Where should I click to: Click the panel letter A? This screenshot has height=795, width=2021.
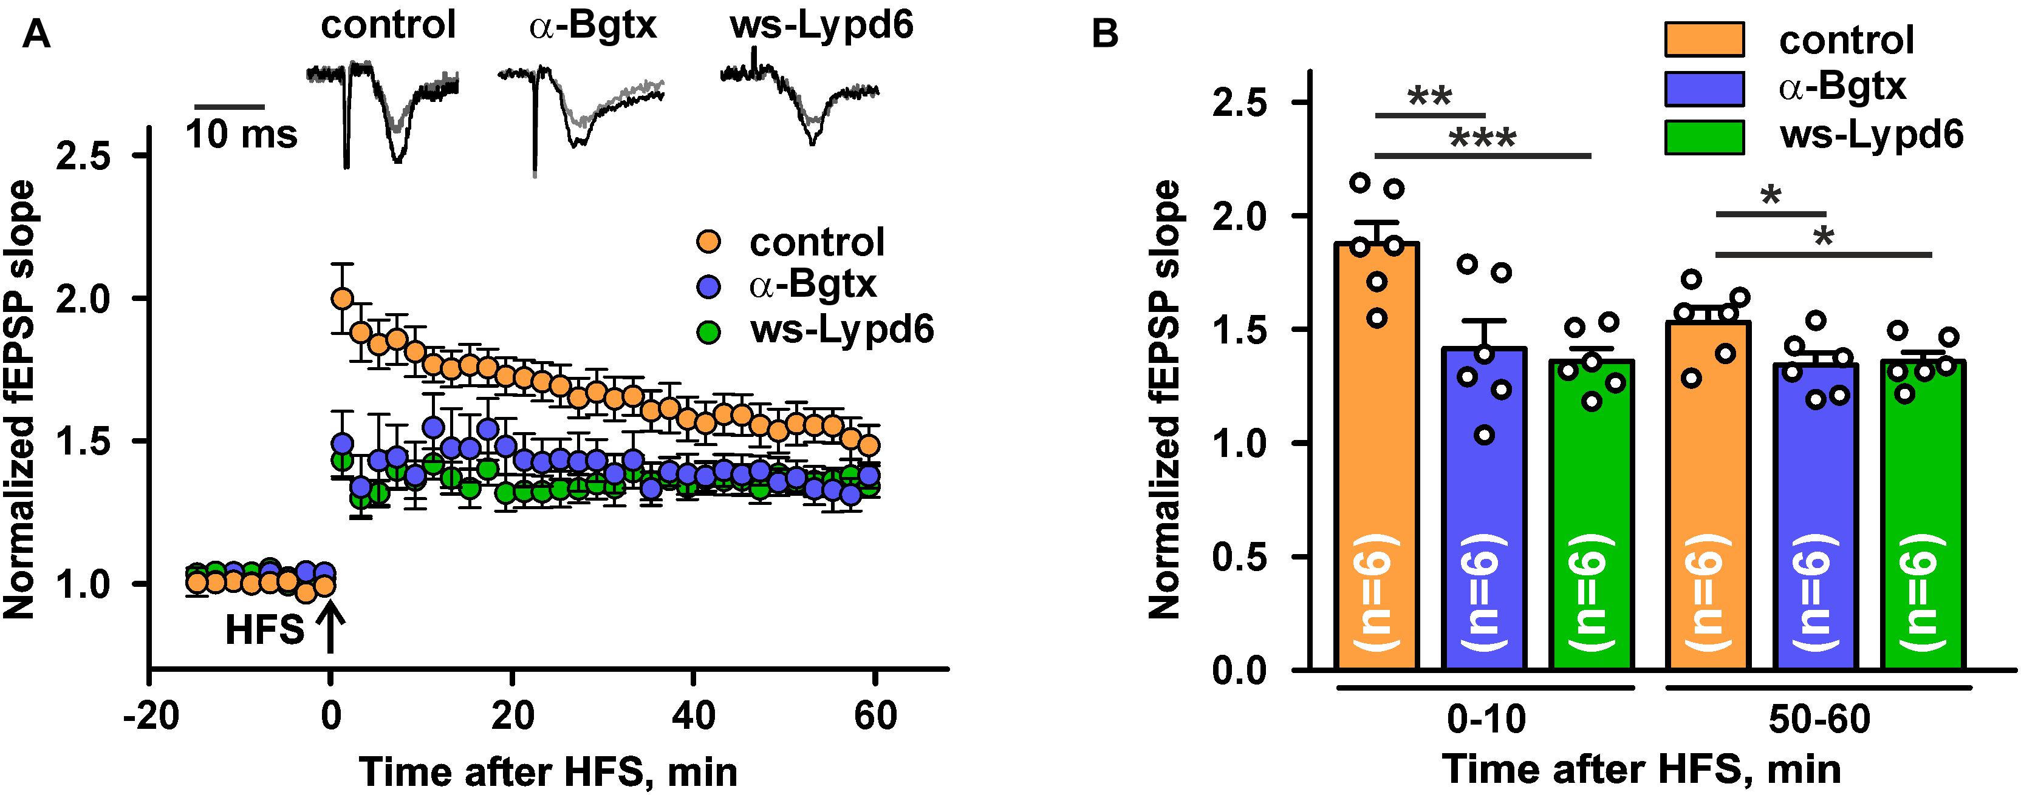(x=36, y=35)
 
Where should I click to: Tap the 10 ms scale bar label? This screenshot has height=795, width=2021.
(x=242, y=135)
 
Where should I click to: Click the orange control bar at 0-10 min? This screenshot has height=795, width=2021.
(x=1378, y=455)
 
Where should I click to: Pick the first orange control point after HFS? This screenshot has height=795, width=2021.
(x=341, y=298)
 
